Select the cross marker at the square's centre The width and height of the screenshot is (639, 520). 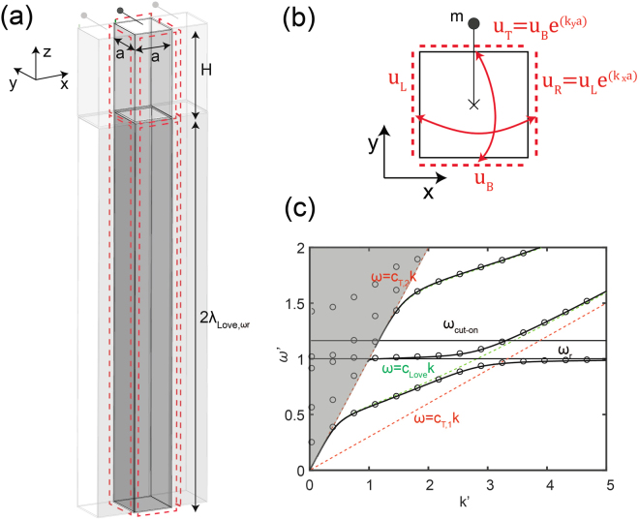coord(473,104)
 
